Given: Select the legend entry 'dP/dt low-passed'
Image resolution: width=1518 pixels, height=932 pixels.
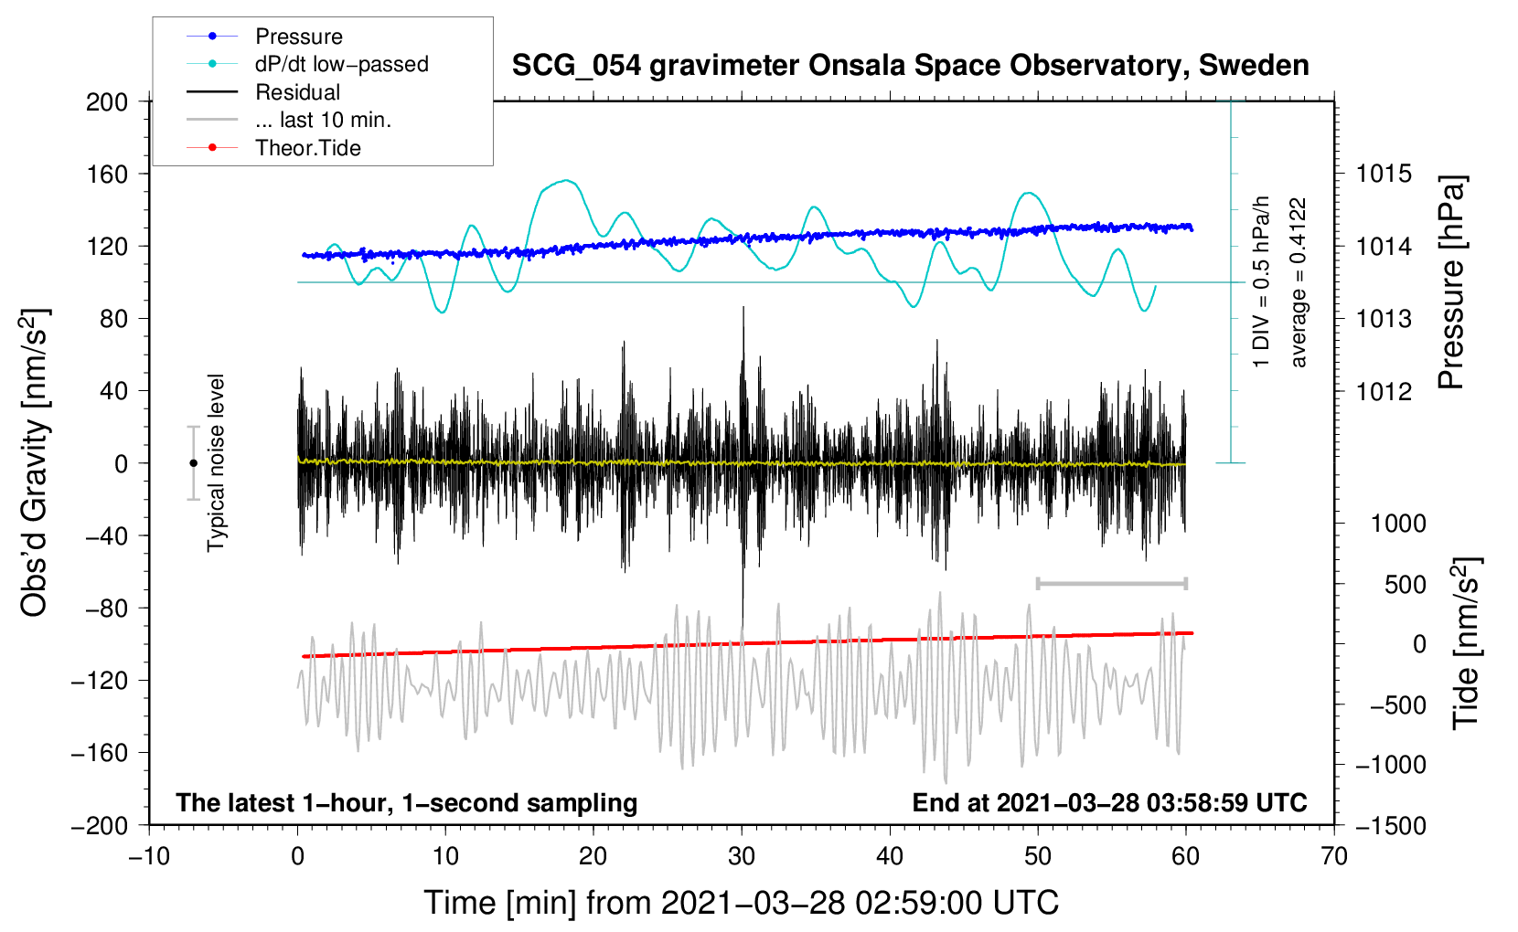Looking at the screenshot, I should (x=341, y=64).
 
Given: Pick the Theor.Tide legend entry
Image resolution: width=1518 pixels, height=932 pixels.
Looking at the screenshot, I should (x=307, y=148).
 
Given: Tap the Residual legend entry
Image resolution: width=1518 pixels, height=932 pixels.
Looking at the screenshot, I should (x=297, y=92).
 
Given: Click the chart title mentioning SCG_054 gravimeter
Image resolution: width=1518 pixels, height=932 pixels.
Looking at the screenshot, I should (x=910, y=66).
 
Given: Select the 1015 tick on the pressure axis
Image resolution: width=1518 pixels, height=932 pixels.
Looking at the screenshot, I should (x=1384, y=174).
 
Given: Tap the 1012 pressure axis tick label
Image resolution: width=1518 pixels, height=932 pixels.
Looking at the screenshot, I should (x=1384, y=391).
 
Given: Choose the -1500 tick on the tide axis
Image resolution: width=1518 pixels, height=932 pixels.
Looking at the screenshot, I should (x=1390, y=825).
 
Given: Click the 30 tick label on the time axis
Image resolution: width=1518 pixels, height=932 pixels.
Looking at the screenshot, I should (x=742, y=856).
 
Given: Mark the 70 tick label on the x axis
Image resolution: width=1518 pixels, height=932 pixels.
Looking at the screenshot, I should (x=1334, y=856).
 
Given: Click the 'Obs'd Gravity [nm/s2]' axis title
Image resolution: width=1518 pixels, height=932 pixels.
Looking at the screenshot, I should (x=35, y=462).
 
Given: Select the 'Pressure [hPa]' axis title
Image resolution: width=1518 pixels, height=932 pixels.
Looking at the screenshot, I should (x=1451, y=282).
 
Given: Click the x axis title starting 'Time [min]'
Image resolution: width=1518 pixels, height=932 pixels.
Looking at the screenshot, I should (x=741, y=903).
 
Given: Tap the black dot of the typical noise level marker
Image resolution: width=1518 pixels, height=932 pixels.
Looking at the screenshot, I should (x=193, y=463).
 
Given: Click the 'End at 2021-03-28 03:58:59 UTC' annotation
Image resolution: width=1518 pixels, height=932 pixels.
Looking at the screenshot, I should (x=1109, y=802).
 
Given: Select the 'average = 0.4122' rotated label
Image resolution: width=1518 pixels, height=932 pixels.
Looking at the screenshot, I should (x=1299, y=282).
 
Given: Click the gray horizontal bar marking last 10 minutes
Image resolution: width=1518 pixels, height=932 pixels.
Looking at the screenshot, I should (x=1111, y=583).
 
